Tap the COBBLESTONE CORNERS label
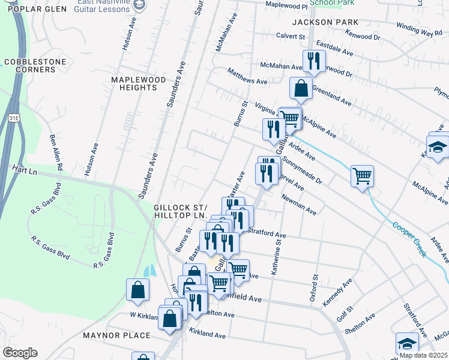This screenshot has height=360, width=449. [x=30, y=65]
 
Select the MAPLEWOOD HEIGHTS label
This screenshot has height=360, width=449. [x=134, y=83]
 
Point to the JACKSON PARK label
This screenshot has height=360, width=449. [x=325, y=22]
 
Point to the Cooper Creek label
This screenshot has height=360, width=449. [x=409, y=240]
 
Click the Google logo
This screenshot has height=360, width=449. [x=20, y=353]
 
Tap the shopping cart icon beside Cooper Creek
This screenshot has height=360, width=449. [x=362, y=176]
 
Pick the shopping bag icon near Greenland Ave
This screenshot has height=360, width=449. [x=301, y=89]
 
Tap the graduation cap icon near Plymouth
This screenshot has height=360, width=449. [x=438, y=147]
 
